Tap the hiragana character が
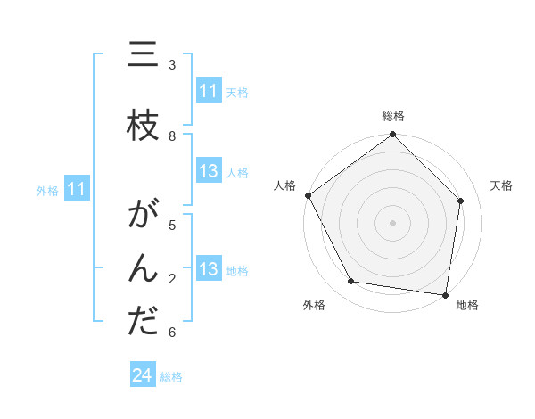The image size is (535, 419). coord(144,217)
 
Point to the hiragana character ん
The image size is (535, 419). coord(144,269)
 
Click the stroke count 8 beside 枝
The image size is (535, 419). coord(172,136)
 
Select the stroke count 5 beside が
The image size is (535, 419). coord(172,226)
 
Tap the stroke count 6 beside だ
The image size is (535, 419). coord(172,333)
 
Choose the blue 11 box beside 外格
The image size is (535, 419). coord(77,189)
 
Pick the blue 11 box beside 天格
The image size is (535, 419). coord(209,91)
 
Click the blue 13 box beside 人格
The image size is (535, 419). coord(209,172)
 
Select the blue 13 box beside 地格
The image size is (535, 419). coord(209,269)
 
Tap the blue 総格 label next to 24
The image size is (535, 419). coord(171,377)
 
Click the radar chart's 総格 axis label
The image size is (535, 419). coord(393,116)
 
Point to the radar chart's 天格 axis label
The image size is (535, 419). coord(502,185)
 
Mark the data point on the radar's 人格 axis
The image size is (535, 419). coord(308,195)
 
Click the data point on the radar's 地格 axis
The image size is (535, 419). coord(446,294)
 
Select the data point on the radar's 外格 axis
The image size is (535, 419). coord(351,282)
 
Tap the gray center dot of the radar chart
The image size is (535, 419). coord(393,222)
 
